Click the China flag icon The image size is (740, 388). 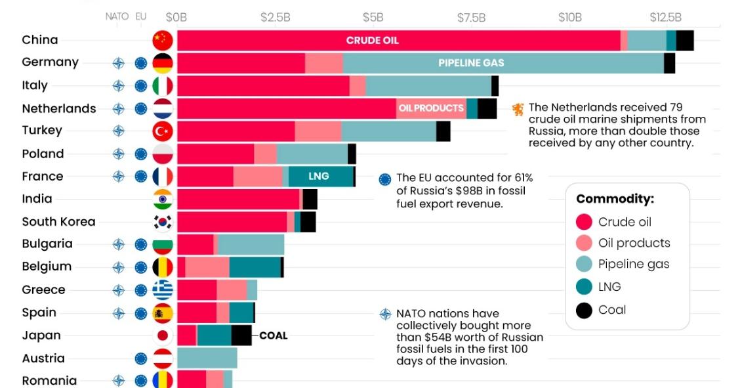click(x=162, y=40)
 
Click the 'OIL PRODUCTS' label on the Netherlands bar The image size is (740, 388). click(x=431, y=108)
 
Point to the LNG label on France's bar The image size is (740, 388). click(x=318, y=177)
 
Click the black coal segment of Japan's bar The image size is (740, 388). click(x=241, y=335)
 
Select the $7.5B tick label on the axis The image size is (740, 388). click(x=471, y=17)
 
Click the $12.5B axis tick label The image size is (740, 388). click(x=665, y=17)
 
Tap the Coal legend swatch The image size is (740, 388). click(x=584, y=310)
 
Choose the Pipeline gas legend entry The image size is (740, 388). click(x=633, y=265)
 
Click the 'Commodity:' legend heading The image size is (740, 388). click(x=615, y=199)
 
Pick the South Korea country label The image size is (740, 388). click(x=58, y=222)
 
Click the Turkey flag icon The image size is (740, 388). click(x=162, y=131)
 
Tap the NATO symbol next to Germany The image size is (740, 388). click(x=118, y=63)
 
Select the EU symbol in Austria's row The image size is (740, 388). click(x=140, y=358)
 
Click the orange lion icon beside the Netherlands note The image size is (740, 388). click(x=518, y=109)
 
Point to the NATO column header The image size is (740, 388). click(x=117, y=17)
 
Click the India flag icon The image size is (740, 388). click(x=162, y=199)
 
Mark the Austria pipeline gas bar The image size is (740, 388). click(x=207, y=358)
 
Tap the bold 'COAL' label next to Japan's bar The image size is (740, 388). click(x=273, y=335)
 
